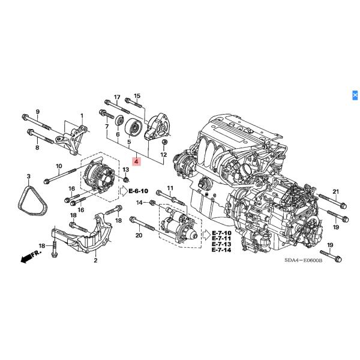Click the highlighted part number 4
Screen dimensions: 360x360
click(136, 162)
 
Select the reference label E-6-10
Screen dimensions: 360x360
click(139, 191)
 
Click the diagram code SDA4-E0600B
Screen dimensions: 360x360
click(303, 260)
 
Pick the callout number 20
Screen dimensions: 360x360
click(139, 236)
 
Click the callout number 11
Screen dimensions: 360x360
click(170, 188)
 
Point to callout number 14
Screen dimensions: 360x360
click(139, 203)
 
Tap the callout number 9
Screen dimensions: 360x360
click(37, 112)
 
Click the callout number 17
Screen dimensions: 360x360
click(117, 97)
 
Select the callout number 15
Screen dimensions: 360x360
click(137, 97)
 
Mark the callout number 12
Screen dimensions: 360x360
click(163, 155)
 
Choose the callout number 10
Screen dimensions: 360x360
click(59, 166)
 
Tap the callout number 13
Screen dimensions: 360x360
click(127, 170)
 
